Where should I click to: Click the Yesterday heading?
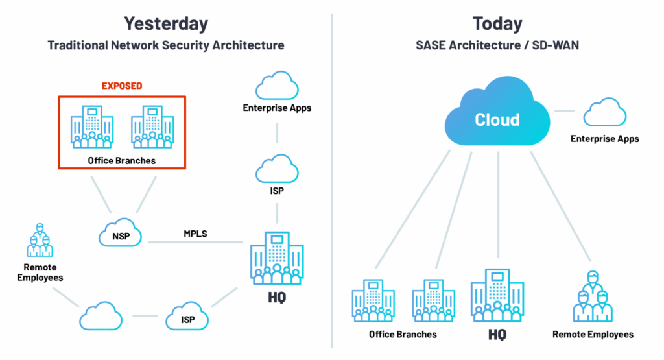tap(166, 23)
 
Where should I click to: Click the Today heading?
tap(498, 23)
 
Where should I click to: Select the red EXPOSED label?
tap(122, 86)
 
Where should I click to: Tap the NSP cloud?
tap(121, 235)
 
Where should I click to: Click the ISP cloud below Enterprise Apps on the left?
tap(277, 170)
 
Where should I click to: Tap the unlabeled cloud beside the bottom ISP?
tap(101, 317)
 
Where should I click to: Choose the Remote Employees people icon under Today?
tap(593, 298)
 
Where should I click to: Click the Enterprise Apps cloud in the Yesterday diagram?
tap(277, 86)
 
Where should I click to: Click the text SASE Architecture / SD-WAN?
tap(498, 46)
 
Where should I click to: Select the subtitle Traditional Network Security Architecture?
tap(166, 46)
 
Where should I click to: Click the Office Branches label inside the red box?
tap(122, 160)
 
